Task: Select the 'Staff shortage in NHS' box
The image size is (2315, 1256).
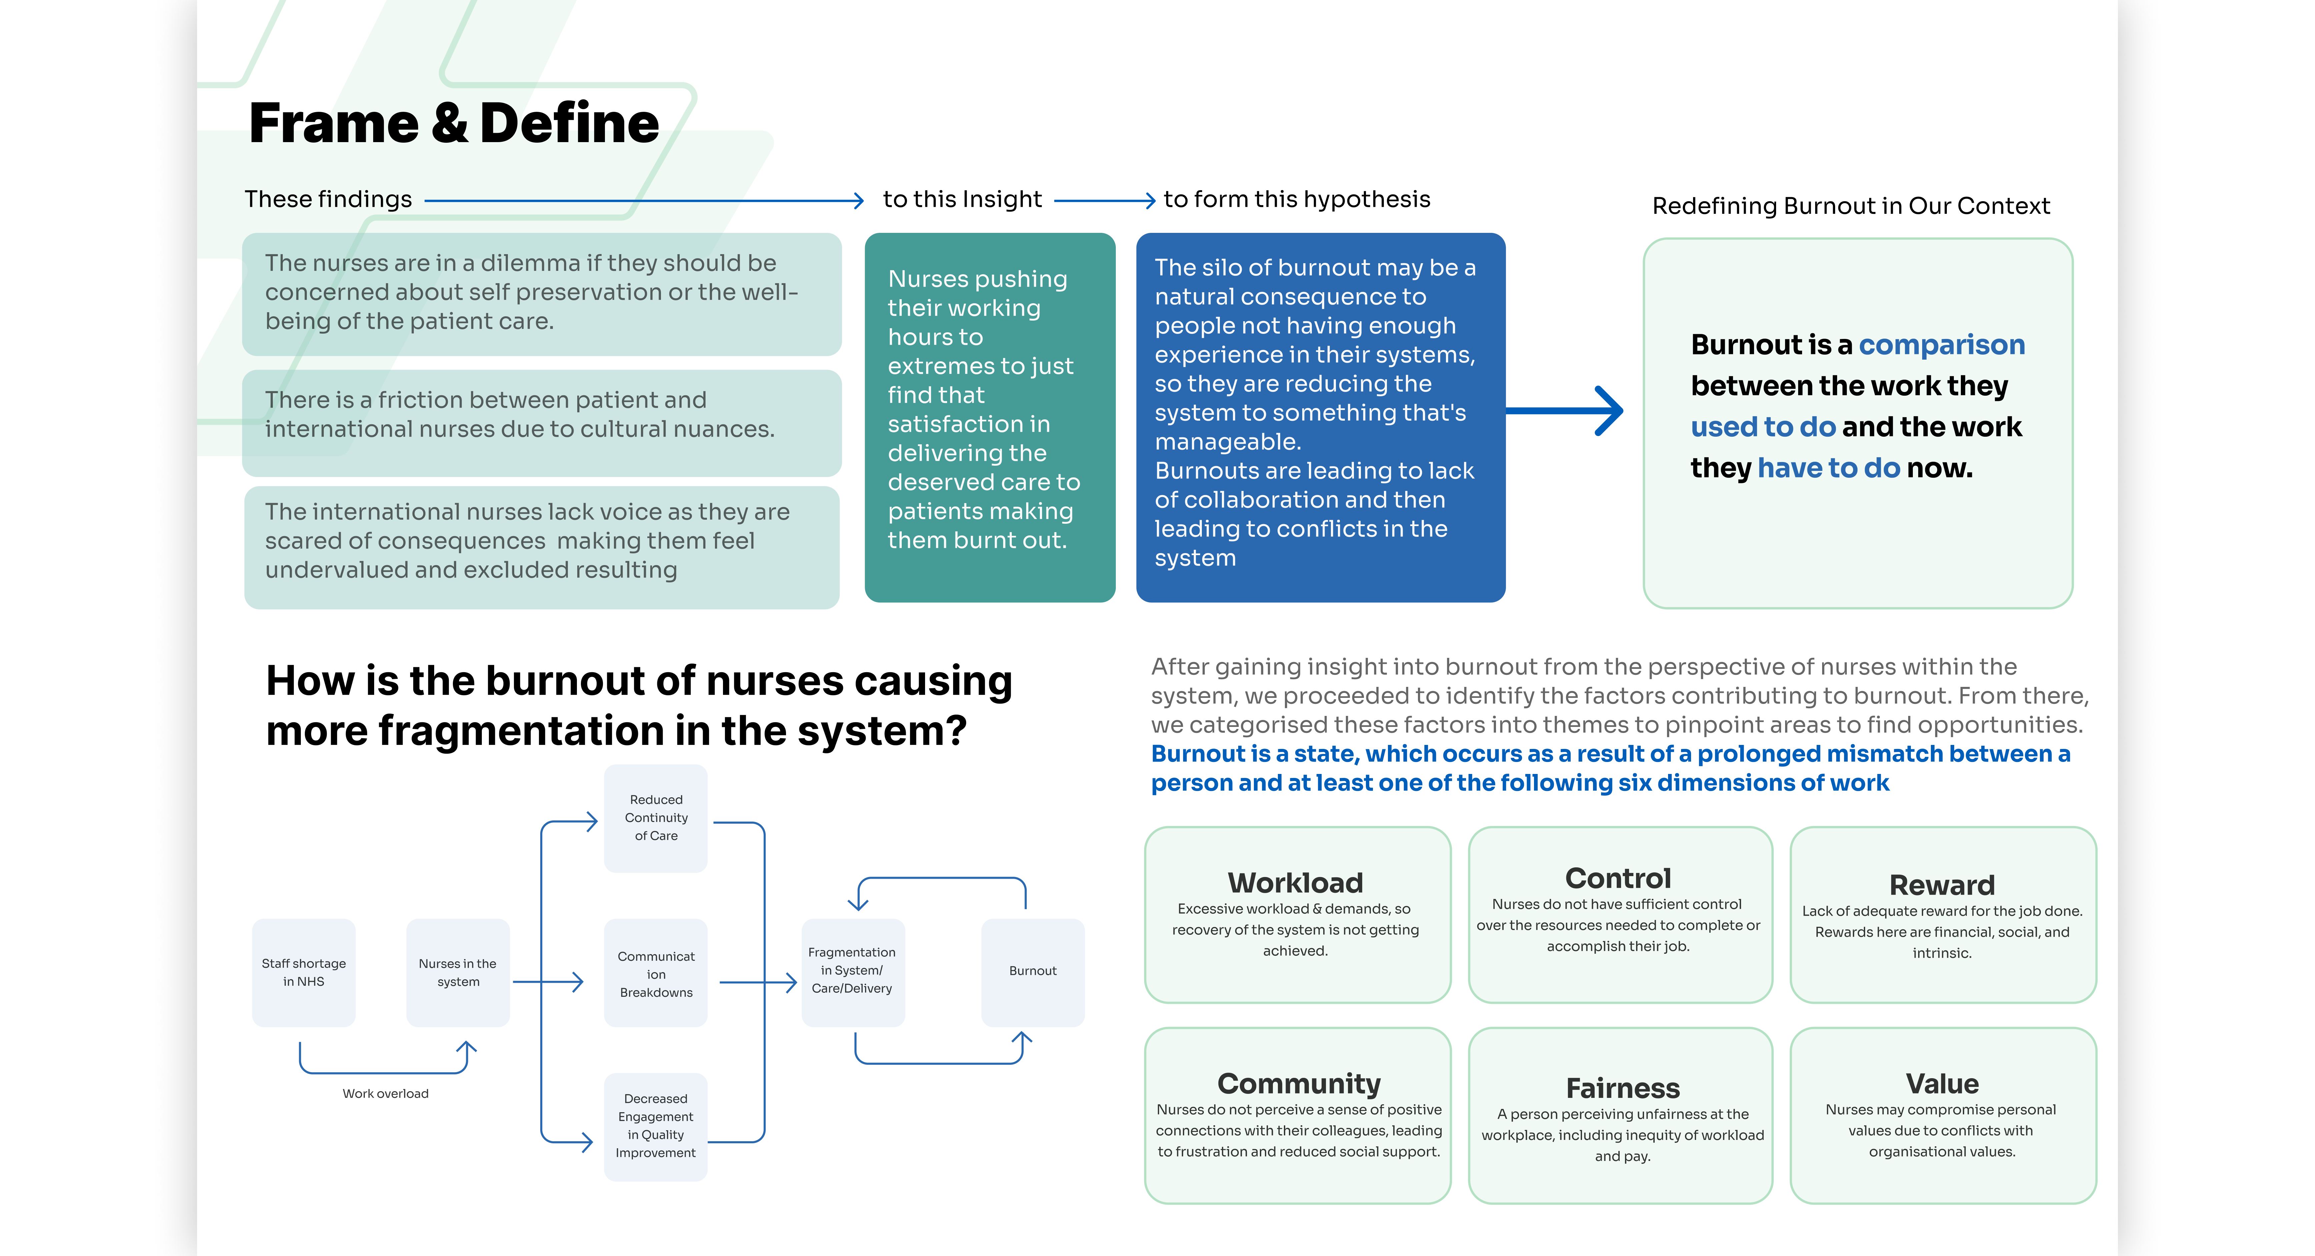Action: tap(304, 972)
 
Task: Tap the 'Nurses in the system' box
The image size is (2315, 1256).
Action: tap(458, 972)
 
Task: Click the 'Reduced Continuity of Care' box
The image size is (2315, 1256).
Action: tap(656, 817)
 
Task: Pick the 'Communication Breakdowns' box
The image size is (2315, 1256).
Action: tap(656, 974)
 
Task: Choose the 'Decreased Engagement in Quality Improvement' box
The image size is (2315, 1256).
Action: tap(656, 1126)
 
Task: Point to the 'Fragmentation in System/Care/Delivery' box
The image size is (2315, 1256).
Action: tap(852, 971)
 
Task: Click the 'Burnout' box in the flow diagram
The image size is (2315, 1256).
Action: tap(1032, 971)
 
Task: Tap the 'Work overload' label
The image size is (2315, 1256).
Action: tap(385, 1093)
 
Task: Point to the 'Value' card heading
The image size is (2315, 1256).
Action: tap(1942, 1084)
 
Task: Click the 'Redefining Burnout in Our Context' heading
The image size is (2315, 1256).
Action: tap(1850, 206)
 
